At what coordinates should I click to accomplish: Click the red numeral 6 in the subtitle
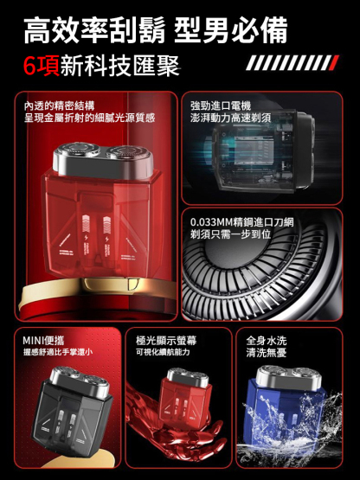35,67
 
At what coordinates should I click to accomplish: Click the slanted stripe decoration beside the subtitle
292,62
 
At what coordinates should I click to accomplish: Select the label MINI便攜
43,339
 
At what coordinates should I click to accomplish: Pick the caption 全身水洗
267,339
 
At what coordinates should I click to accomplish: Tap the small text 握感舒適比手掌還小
57,352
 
